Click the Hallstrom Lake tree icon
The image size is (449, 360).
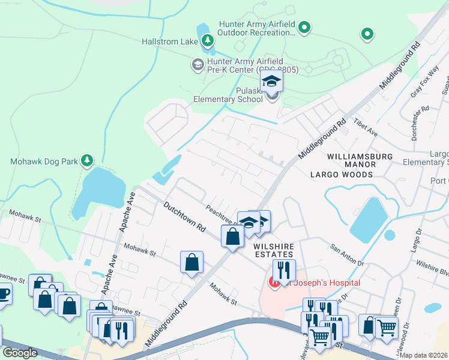pyautogui.click(x=207, y=41)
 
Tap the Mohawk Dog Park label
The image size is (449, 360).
pyautogui.click(x=44, y=161)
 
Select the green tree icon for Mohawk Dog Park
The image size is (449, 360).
pyautogui.click(x=88, y=160)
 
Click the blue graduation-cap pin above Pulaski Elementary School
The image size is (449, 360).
pyautogui.click(x=271, y=82)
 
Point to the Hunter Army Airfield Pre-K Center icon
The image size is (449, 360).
pyautogui.click(x=197, y=64)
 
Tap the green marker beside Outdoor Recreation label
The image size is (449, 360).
pyautogui.click(x=304, y=26)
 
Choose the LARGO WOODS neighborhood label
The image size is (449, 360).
pyautogui.click(x=341, y=175)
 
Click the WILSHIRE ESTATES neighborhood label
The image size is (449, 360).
pyautogui.click(x=276, y=251)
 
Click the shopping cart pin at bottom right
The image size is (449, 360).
pyautogui.click(x=386, y=328)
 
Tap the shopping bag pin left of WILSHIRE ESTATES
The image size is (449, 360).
pyautogui.click(x=232, y=236)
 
